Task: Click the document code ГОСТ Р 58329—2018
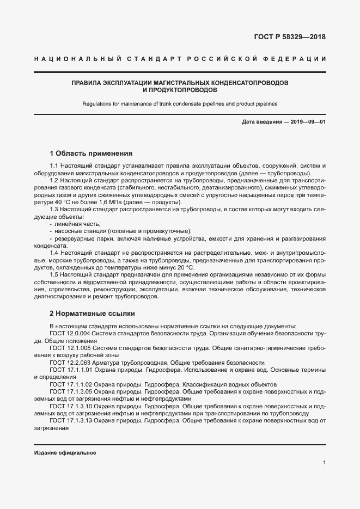coord(290,38)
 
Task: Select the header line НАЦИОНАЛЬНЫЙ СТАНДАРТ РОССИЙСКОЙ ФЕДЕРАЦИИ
coord(180,59)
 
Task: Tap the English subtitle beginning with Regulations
coord(180,103)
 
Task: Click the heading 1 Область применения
coord(91,153)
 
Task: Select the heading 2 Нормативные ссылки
coord(92,314)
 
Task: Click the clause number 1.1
coord(54,165)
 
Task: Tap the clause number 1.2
coord(54,180)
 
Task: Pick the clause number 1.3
coord(54,209)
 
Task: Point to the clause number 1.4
coord(54,253)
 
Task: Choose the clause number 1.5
coord(54,275)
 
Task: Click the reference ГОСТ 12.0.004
coord(70,333)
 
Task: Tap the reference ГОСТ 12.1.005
coord(70,348)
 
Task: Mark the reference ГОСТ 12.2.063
coord(70,363)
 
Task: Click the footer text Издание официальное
coord(65,453)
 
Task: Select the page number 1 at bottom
coord(324,463)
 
